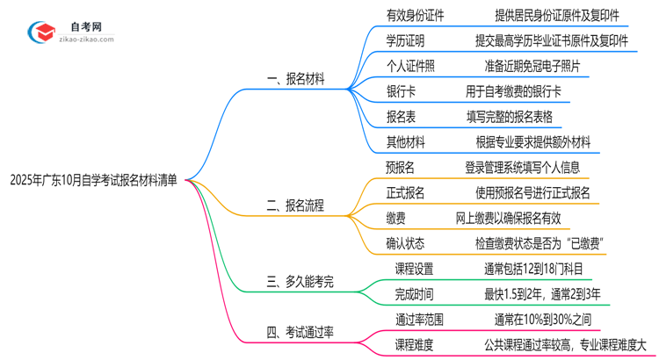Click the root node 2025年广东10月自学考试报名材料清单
93,181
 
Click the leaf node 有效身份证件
416,15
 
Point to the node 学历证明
405,40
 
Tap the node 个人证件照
410,65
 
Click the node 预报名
400,167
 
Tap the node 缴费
395,218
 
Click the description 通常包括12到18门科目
533,269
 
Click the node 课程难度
415,345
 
